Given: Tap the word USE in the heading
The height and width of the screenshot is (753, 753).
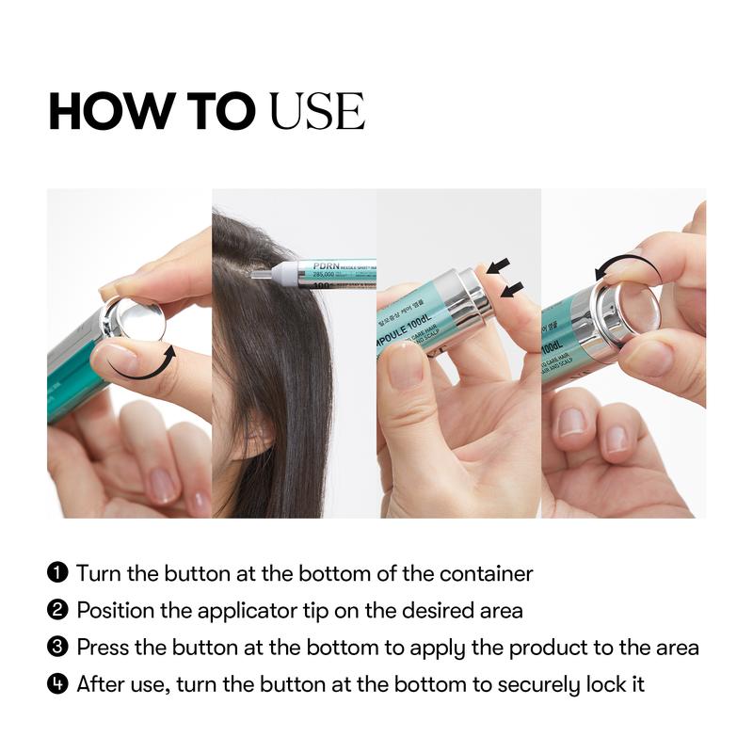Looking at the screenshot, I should pyautogui.click(x=316, y=113).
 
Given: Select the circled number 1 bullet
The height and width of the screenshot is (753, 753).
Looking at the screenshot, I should pyautogui.click(x=58, y=573).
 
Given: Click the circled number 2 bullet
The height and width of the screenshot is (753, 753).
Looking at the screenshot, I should pyautogui.click(x=58, y=610).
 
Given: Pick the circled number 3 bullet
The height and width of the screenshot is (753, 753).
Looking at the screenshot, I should pyautogui.click(x=58, y=648).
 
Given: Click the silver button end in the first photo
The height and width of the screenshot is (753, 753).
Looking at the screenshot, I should pyautogui.click(x=134, y=320).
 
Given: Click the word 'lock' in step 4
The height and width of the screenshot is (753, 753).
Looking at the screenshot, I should pyautogui.click(x=601, y=684).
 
